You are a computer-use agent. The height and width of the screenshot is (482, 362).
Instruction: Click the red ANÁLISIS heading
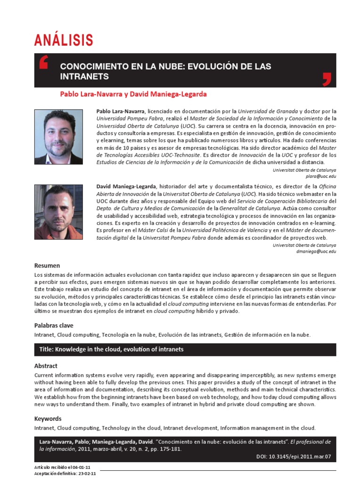64,41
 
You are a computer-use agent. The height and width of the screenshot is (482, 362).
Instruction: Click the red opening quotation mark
44,63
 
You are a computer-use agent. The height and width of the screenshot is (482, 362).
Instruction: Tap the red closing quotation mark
327,79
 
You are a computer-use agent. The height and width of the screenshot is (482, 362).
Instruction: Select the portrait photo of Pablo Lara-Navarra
59,137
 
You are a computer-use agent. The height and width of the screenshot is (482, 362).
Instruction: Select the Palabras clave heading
54,325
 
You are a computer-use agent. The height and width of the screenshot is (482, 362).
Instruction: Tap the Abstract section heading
46,366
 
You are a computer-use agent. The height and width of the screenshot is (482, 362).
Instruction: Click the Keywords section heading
48,418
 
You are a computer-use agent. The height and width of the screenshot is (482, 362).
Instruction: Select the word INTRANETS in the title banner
85,76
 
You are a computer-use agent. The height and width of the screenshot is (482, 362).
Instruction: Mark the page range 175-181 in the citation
172,449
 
